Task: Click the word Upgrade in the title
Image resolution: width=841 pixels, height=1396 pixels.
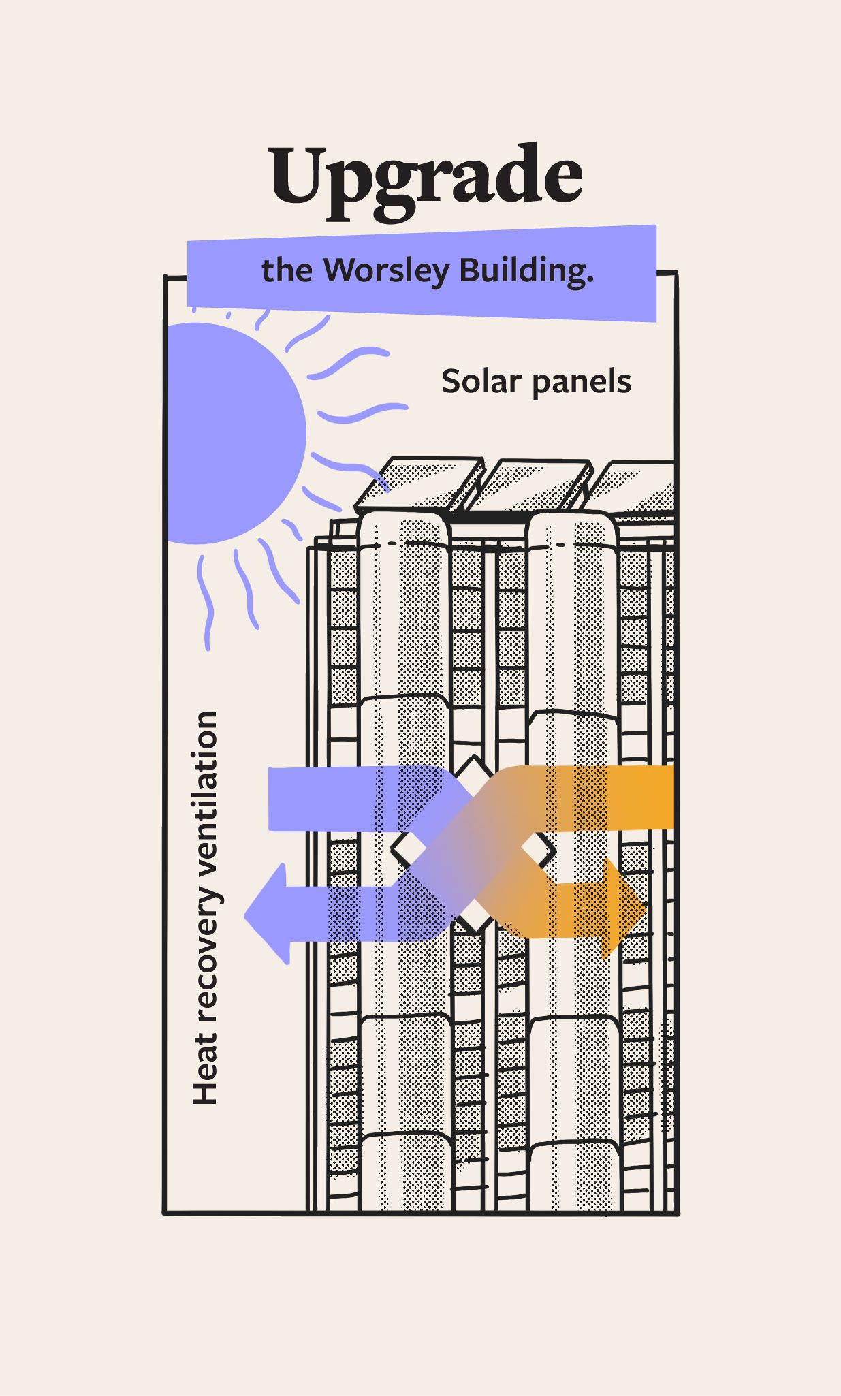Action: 426,178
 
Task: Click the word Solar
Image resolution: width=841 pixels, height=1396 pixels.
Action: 481,381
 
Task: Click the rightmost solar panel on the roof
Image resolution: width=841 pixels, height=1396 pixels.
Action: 637,488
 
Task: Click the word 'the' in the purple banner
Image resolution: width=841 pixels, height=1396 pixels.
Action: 286,271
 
